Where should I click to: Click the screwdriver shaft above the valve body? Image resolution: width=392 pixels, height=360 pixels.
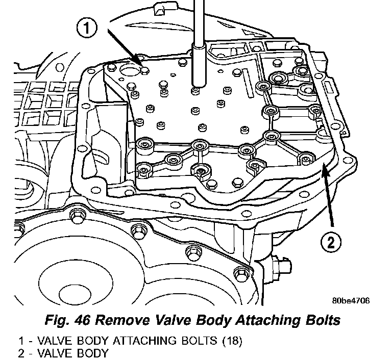tap(197, 31)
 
